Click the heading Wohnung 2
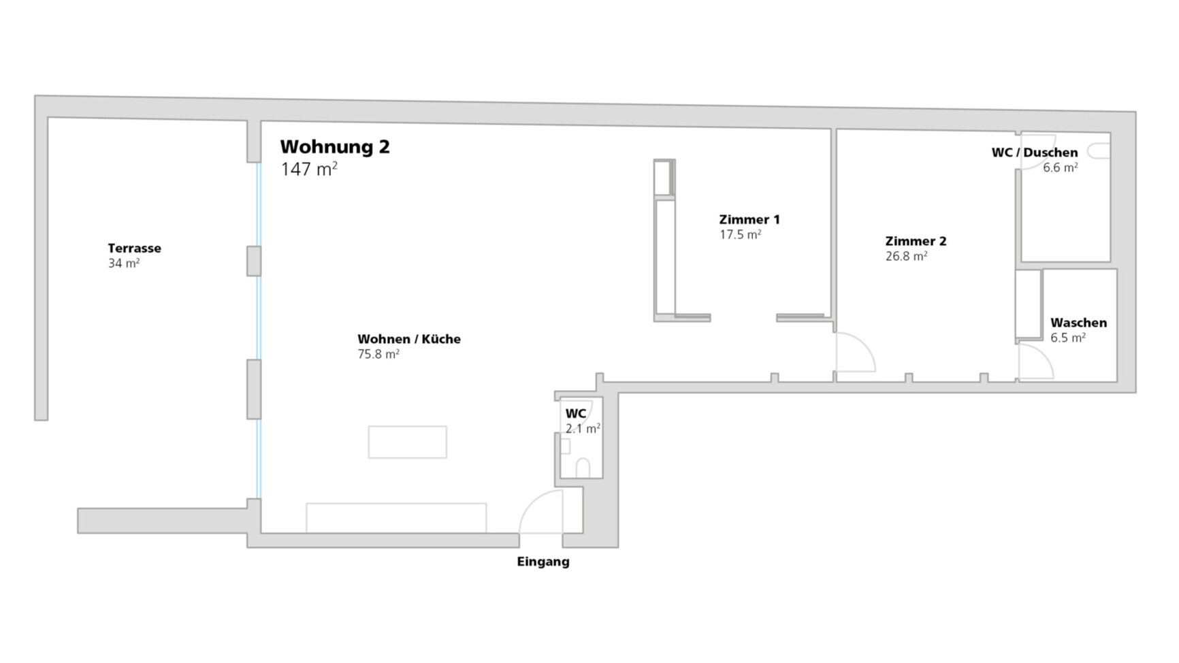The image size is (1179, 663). click(x=335, y=147)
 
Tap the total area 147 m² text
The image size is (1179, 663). click(x=309, y=169)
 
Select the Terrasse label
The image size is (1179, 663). click(x=134, y=248)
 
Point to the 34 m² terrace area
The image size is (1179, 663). click(x=124, y=263)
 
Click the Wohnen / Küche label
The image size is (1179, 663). click(x=409, y=339)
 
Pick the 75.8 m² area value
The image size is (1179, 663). click(x=378, y=354)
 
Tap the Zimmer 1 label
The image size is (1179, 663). click(x=749, y=219)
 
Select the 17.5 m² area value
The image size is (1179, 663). click(x=740, y=234)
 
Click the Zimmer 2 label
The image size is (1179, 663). click(x=916, y=241)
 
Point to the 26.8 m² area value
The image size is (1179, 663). click(x=906, y=256)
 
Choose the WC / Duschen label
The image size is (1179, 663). click(x=1035, y=152)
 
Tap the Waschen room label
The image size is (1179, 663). click(x=1078, y=323)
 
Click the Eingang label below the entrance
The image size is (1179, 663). click(x=543, y=562)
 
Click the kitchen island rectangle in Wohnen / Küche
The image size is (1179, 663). click(x=408, y=442)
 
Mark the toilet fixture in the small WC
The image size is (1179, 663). click(x=583, y=468)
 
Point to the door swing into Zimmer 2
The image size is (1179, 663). click(x=865, y=343)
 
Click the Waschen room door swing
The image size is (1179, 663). click(x=1044, y=354)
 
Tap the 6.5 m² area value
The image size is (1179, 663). click(x=1067, y=338)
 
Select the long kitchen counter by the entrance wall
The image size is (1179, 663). click(x=396, y=518)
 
